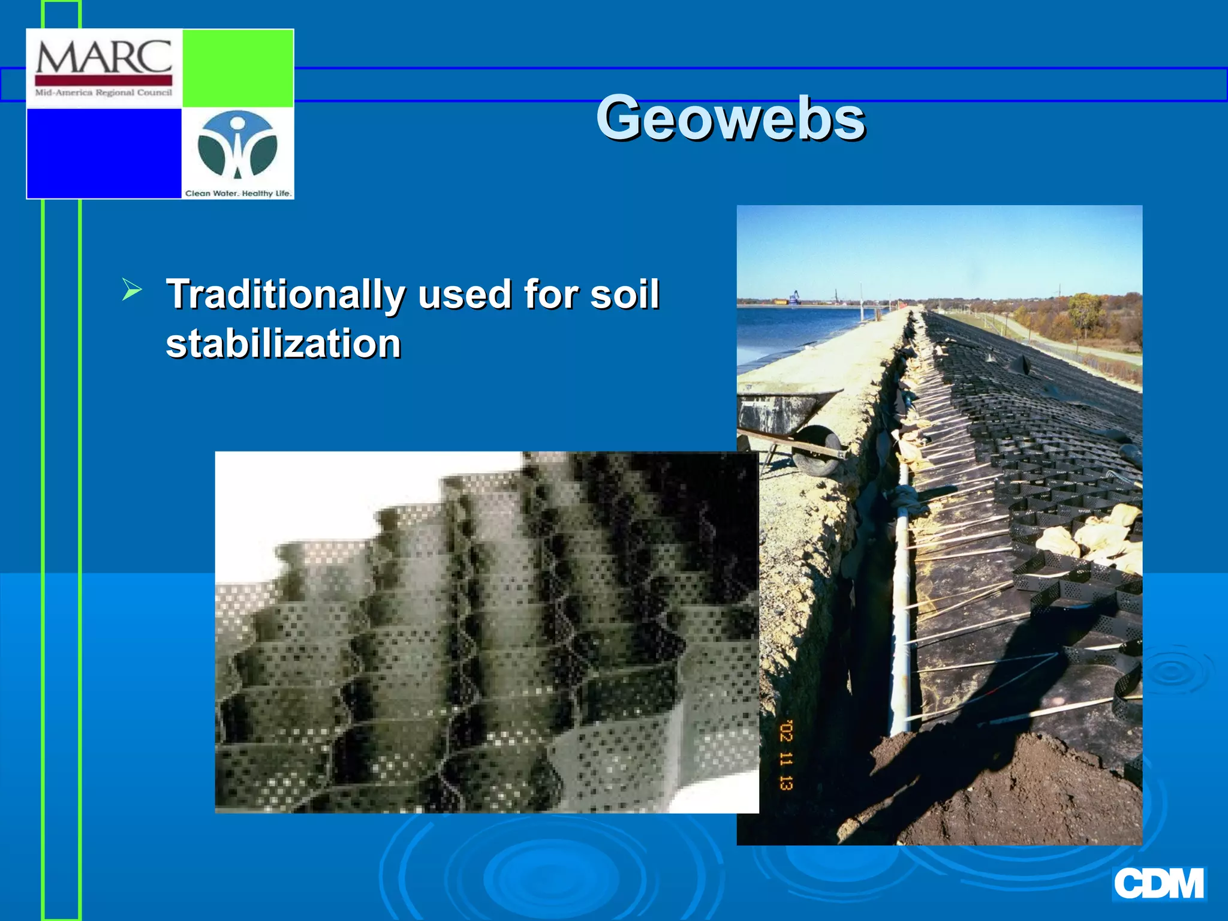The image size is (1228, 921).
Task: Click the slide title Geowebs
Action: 730,118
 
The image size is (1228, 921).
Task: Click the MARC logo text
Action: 104,58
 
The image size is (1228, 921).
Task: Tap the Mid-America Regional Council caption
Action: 104,93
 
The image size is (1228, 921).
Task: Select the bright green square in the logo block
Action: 237,68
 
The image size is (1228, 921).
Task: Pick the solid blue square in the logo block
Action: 104,153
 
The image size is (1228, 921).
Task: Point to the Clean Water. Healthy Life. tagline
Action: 238,193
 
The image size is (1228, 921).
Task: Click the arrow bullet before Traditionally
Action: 131,290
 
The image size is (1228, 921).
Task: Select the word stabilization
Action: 283,344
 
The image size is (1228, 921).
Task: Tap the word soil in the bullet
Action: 624,294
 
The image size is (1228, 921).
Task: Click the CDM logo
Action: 1158,884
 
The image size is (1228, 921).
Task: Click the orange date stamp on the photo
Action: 786,755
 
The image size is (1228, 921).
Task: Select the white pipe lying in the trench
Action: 899,600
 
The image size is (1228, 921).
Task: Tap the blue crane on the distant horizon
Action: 794,297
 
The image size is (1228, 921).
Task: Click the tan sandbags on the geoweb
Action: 1091,537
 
